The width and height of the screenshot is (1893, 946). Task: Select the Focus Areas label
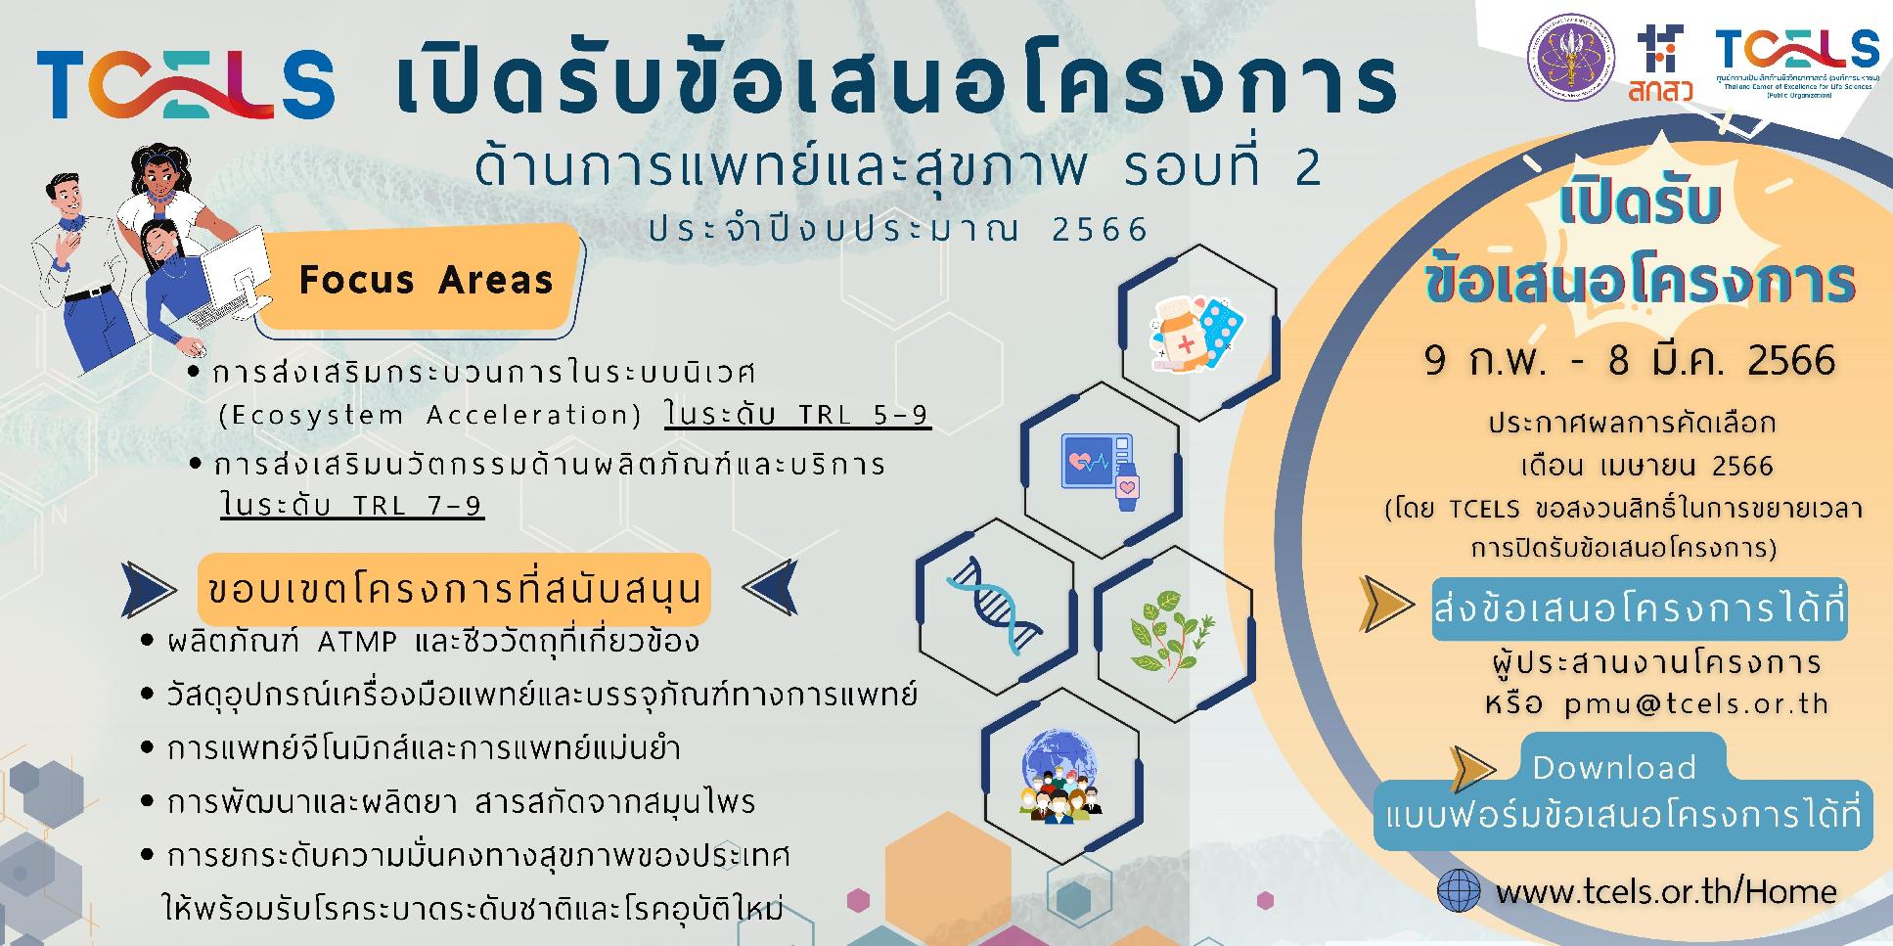tap(426, 280)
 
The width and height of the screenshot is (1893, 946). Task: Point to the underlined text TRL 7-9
tap(352, 505)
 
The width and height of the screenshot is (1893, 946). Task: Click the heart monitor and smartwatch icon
tap(1102, 471)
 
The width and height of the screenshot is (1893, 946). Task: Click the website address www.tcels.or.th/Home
tap(1666, 891)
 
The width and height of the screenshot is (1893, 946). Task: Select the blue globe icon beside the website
tap(1460, 890)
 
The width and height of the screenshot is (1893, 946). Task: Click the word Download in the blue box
tap(1613, 767)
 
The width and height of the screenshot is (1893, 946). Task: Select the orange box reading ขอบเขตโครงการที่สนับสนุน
tap(455, 589)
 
